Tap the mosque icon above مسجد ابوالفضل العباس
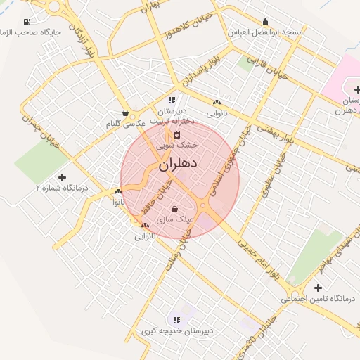265,21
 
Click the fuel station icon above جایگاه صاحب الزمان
27,22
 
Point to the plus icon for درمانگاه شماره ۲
62,177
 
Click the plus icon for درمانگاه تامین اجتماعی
319,288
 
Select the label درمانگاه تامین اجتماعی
319,299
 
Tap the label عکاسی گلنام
125,124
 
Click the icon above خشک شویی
177,134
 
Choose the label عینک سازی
174,219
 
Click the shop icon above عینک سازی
174,209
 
